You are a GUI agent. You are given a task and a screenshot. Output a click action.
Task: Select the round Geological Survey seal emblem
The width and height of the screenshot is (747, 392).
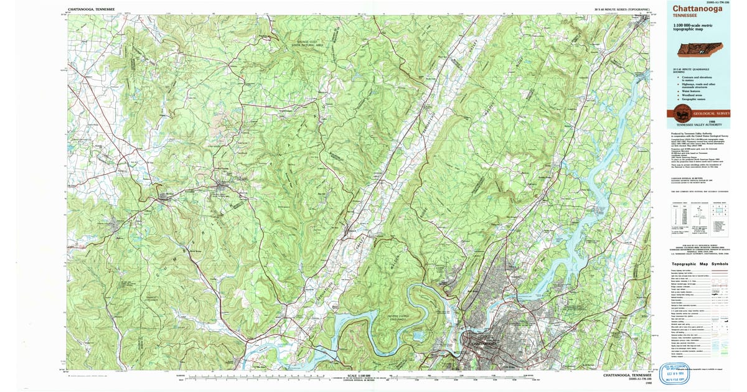tap(680, 114)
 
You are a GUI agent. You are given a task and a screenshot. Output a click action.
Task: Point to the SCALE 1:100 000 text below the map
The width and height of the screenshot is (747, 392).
tap(360, 375)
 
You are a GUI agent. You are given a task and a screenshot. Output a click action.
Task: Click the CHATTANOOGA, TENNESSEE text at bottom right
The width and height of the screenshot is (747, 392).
tap(627, 376)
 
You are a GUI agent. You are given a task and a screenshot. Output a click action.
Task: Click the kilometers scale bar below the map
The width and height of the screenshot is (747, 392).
tap(361, 380)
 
